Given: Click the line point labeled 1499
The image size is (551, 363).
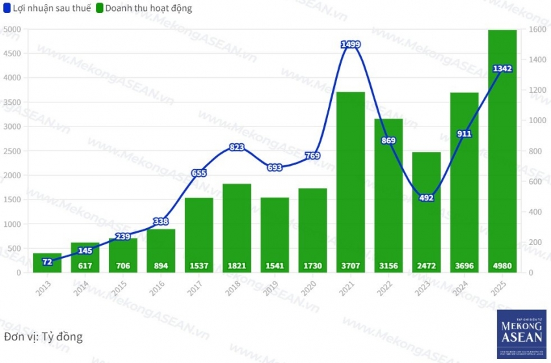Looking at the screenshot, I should coord(351,44).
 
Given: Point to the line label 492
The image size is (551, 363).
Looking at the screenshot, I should coord(427,198).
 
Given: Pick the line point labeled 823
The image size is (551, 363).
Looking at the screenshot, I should coord(237,147).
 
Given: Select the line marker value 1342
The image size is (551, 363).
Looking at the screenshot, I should coord(502,69).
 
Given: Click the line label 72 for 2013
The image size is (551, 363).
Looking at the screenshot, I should coord(47,261).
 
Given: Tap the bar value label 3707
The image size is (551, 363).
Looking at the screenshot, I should coord(351,266).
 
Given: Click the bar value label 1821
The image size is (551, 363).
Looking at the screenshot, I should coord(237,266).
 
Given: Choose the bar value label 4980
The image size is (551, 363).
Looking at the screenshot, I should coord(502,266).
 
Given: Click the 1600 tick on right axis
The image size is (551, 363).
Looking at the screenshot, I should coord(536,29).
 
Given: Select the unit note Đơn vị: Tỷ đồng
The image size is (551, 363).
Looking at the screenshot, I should coord(43,337).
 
